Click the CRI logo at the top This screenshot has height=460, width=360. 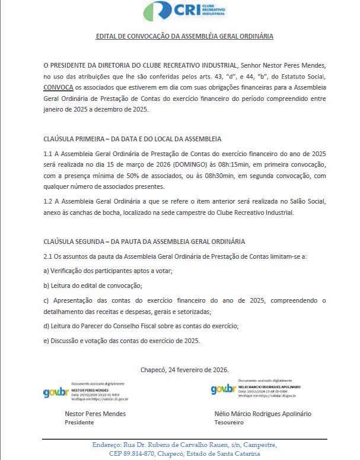tap(184, 11)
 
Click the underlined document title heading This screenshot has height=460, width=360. tap(184, 36)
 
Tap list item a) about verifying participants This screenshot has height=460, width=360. tap(108, 271)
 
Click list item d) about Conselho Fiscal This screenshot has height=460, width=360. tap(141, 326)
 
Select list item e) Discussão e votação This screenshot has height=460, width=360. tap(122, 341)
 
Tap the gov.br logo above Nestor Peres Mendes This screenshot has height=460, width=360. tap(55, 393)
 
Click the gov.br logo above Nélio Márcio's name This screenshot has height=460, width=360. tap(224, 389)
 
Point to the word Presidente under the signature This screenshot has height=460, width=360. tap(79, 423)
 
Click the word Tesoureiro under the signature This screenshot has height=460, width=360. tap(229, 423)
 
